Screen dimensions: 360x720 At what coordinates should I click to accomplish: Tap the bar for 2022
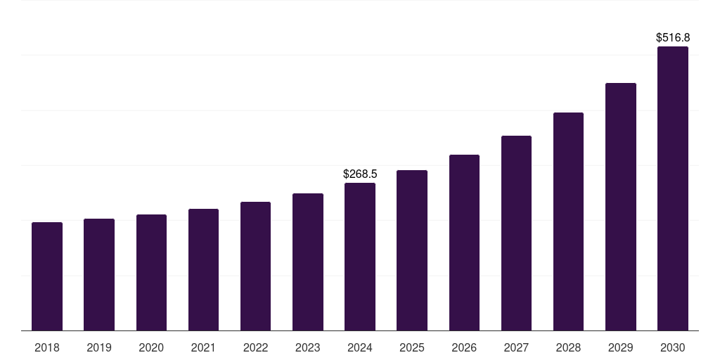pos(255,266)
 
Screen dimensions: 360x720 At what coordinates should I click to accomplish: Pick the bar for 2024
pos(360,257)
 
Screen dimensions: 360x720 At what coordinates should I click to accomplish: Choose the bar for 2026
pos(464,243)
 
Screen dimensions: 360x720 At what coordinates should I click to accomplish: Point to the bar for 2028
pos(568,221)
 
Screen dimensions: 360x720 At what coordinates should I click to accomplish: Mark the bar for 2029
pos(621,207)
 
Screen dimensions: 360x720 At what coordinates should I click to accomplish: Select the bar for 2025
pos(412,250)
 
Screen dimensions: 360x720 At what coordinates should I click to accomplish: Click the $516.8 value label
pos(673,37)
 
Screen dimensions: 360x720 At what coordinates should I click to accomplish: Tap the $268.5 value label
pos(360,174)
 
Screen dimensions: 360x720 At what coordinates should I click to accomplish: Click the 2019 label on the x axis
pos(99,347)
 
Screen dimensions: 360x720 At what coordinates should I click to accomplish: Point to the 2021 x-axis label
pos(203,347)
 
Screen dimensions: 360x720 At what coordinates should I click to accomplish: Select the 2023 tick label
pos(308,347)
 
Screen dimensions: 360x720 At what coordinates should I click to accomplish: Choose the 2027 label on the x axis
pos(516,347)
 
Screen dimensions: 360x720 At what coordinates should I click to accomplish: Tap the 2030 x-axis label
pos(673,347)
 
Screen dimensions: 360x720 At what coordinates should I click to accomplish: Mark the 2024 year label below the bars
pos(360,347)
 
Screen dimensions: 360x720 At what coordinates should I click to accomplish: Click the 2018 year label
pos(47,347)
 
